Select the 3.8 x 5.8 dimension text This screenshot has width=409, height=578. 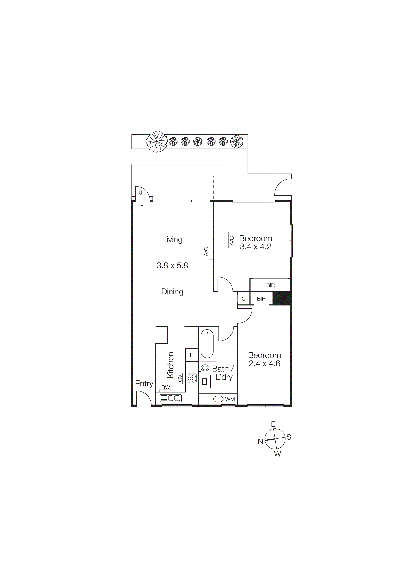coord(172,266)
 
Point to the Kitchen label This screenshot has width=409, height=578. coord(171,365)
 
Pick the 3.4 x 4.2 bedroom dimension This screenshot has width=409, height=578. coord(255,247)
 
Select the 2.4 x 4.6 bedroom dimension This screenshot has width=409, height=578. coord(264,363)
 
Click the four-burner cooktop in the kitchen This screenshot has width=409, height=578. coord(191,378)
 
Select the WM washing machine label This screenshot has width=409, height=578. coord(230,399)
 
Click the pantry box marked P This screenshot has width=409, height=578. coord(191,355)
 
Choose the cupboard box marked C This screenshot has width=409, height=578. coord(243,299)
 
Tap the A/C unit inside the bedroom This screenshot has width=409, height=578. coord(226,240)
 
